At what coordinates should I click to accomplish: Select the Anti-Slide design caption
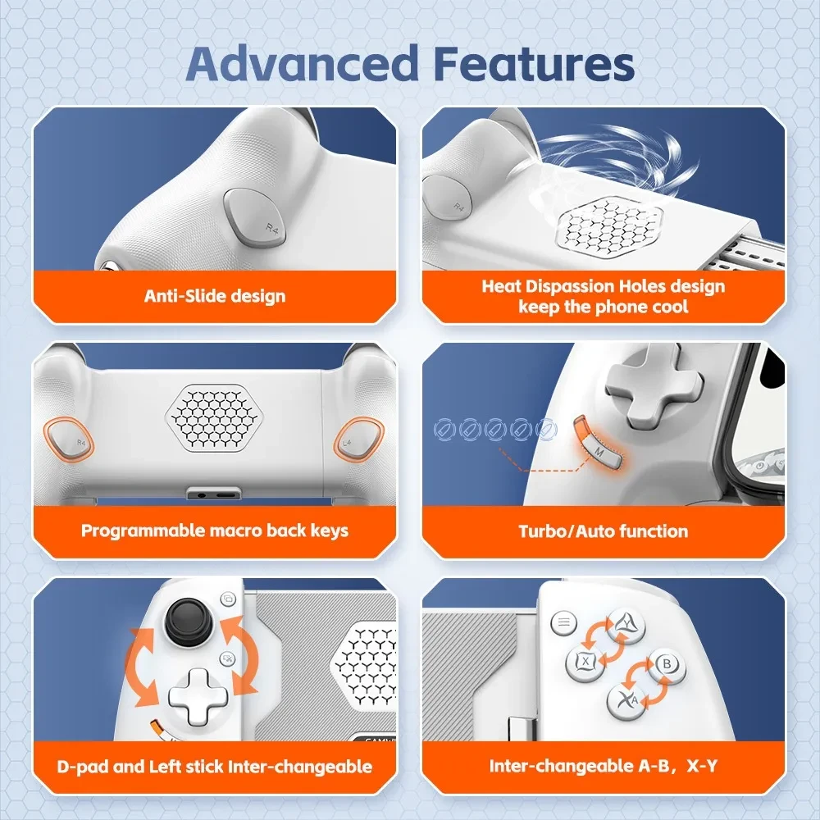(x=215, y=296)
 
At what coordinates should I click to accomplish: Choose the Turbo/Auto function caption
(x=603, y=531)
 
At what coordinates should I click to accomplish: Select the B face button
(x=666, y=663)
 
